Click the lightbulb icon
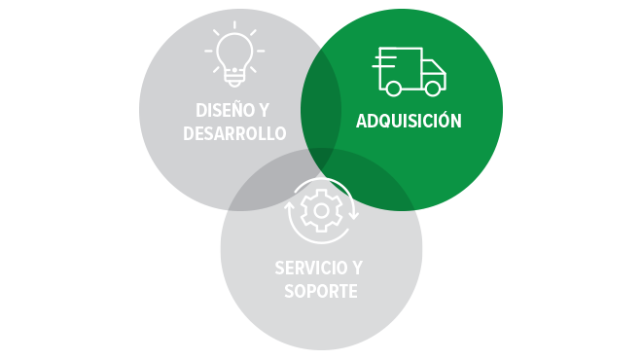coord(233,53)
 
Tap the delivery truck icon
coord(409,71)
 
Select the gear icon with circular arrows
coord(321,210)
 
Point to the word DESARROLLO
coord(234,133)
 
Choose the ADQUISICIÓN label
coord(409,122)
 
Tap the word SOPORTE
coord(321,291)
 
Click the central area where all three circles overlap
coord(321,161)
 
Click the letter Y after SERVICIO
coord(364,268)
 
